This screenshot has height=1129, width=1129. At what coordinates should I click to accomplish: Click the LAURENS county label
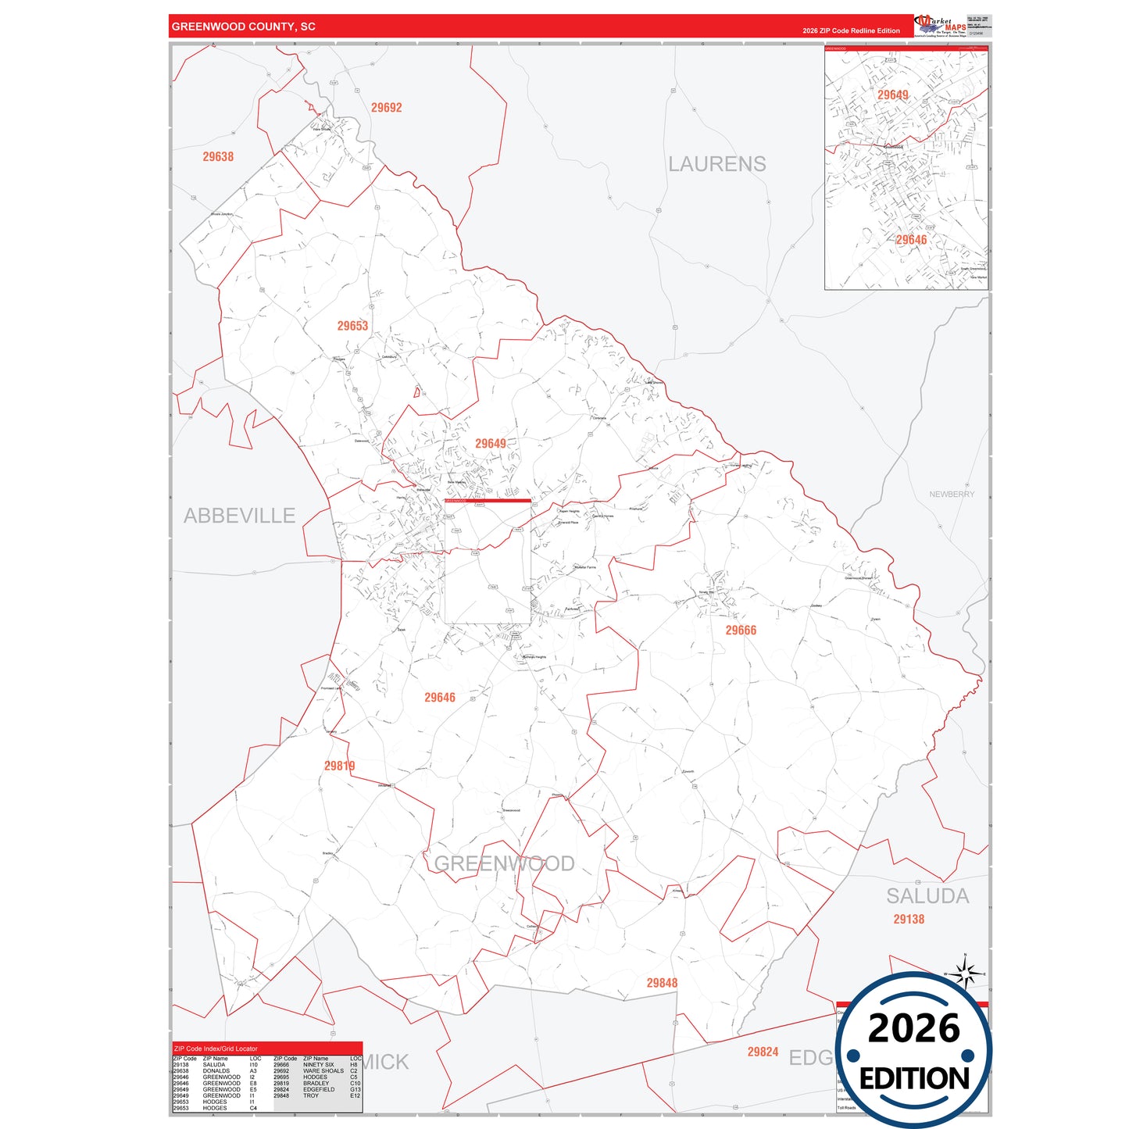pos(716,164)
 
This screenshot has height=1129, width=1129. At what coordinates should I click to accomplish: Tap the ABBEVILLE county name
pos(239,516)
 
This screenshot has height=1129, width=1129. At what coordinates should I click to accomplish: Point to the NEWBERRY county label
pos(951,495)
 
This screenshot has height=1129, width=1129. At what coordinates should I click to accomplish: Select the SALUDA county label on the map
pos(927,896)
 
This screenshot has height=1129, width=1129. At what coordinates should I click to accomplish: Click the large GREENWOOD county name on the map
pos(504,863)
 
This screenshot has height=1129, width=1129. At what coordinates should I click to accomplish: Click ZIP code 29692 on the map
pos(386,108)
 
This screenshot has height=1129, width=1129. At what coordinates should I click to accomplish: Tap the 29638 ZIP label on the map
pos(218,157)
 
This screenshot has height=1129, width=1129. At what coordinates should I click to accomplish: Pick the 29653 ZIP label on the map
pos(352,326)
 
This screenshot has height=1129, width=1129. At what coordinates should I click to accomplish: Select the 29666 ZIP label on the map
pos(740,631)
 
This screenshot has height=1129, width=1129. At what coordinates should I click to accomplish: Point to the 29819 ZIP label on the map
pos(339,766)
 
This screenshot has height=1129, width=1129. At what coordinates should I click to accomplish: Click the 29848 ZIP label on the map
pos(661,983)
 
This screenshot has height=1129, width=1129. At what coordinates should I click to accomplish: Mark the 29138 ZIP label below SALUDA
pos(908,920)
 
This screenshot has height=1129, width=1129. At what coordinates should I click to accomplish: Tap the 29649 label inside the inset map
pos(892,95)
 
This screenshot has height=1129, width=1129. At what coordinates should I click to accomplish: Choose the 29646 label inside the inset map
pos(911,240)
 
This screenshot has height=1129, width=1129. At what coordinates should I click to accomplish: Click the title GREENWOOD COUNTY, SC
pos(243,27)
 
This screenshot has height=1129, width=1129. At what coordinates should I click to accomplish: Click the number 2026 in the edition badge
pos(913,1028)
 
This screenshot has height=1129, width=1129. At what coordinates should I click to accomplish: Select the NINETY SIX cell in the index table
pos(318,1065)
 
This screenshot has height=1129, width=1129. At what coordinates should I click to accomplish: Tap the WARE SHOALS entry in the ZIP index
pos(323,1071)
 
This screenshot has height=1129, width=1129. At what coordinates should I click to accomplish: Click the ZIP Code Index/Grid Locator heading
pos(216,1049)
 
